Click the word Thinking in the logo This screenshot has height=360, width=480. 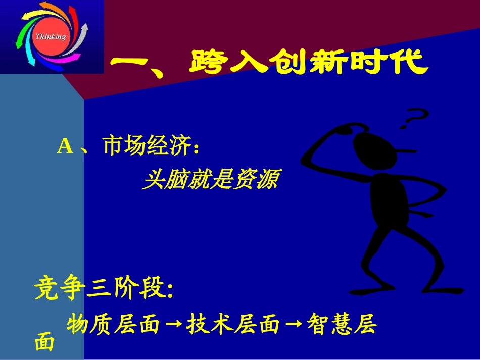point(51,37)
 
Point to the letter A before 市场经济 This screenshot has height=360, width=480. point(66,146)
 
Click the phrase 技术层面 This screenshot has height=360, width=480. point(233,325)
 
